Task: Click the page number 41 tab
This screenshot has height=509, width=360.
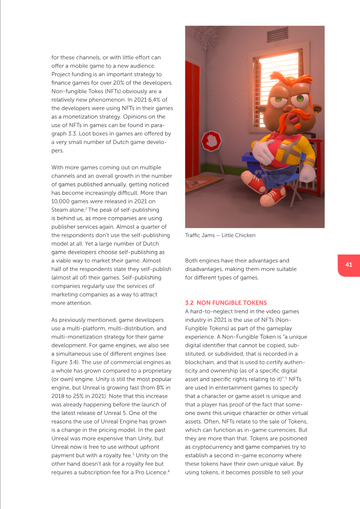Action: tap(349, 265)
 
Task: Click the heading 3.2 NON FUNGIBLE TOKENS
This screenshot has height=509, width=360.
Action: tap(226, 303)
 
